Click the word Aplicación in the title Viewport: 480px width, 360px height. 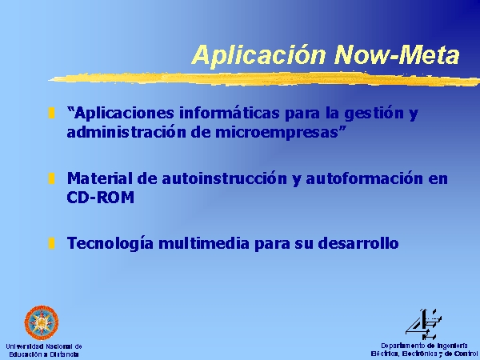coord(259,55)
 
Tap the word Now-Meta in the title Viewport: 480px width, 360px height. coord(397,54)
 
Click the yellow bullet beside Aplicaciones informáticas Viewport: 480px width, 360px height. coord(52,113)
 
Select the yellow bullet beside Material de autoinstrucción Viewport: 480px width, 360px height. coord(52,178)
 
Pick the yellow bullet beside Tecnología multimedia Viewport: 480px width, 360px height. coord(52,243)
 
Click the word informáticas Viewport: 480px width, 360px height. coord(230,113)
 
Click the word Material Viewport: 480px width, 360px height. coord(100,178)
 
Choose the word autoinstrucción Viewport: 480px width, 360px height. coord(224,178)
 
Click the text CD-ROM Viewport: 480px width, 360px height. coord(101,198)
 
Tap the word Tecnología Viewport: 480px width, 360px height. coord(110,244)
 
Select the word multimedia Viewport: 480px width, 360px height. coord(204,243)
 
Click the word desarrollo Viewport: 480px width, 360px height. coord(358,243)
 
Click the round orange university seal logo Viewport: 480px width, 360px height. coord(42,322)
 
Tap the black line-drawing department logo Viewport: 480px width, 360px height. coord(424,324)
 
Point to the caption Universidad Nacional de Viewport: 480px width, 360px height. coord(44,346)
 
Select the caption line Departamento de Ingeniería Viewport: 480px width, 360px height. coord(424,346)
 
